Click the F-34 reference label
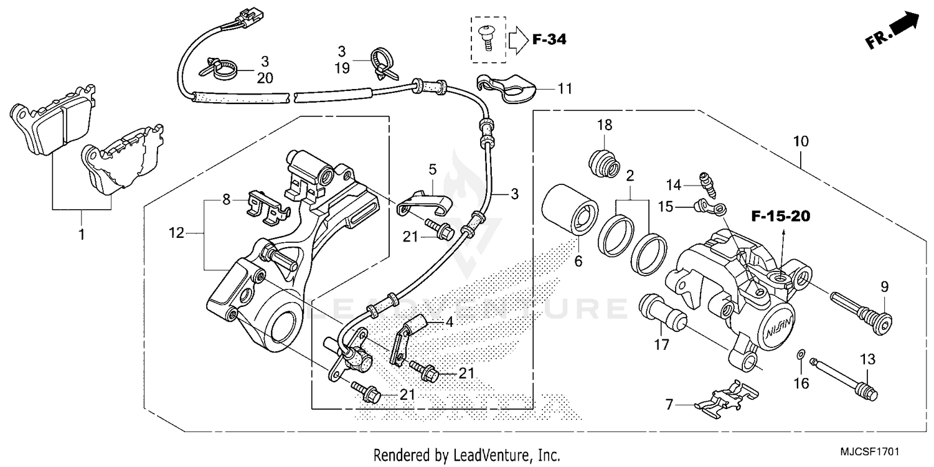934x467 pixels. click(x=549, y=40)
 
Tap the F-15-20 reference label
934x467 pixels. click(x=781, y=217)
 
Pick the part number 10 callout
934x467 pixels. click(x=801, y=141)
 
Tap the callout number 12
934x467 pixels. click(x=177, y=233)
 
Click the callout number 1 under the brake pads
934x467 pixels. click(x=82, y=235)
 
